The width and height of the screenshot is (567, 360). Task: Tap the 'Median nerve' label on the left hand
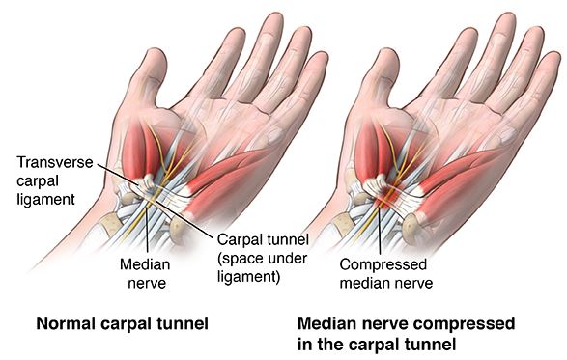[146, 271]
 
